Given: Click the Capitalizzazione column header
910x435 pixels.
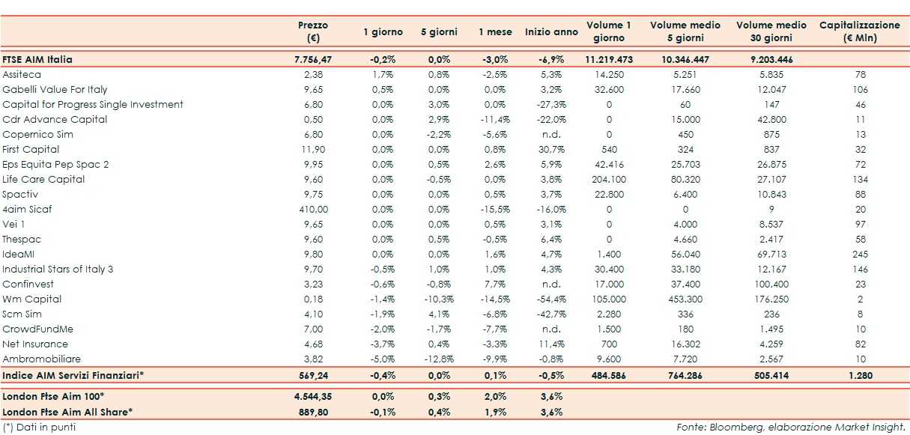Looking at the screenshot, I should point(859,31).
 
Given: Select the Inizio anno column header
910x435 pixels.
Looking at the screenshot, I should point(551,32).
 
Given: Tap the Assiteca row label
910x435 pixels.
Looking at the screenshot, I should point(22,75).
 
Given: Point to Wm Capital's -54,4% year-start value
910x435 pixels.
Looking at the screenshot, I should point(551,299).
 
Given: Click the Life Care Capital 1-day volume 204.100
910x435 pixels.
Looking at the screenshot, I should point(608,180).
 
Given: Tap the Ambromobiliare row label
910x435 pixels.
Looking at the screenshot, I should point(41,359).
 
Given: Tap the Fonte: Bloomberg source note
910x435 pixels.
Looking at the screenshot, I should point(790,428).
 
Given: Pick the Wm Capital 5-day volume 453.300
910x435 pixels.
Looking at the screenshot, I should point(685,299).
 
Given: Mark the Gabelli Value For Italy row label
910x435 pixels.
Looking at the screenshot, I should point(55,90).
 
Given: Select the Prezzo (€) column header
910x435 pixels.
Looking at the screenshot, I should point(313,31).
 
